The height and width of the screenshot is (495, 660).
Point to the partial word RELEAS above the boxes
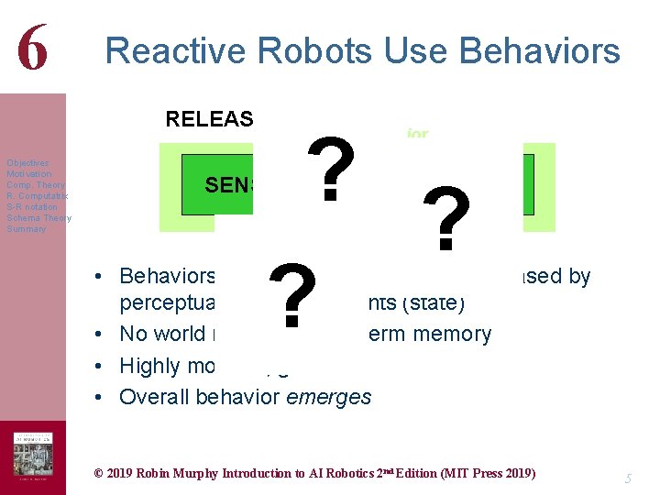(x=208, y=118)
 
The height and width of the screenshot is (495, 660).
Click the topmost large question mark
(x=335, y=170)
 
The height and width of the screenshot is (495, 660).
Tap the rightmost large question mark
(x=447, y=220)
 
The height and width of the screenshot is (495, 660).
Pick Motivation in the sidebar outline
(x=29, y=174)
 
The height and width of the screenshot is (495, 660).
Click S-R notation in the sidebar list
(x=32, y=207)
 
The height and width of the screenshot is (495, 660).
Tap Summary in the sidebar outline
(x=27, y=229)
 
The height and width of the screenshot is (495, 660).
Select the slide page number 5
(x=629, y=478)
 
